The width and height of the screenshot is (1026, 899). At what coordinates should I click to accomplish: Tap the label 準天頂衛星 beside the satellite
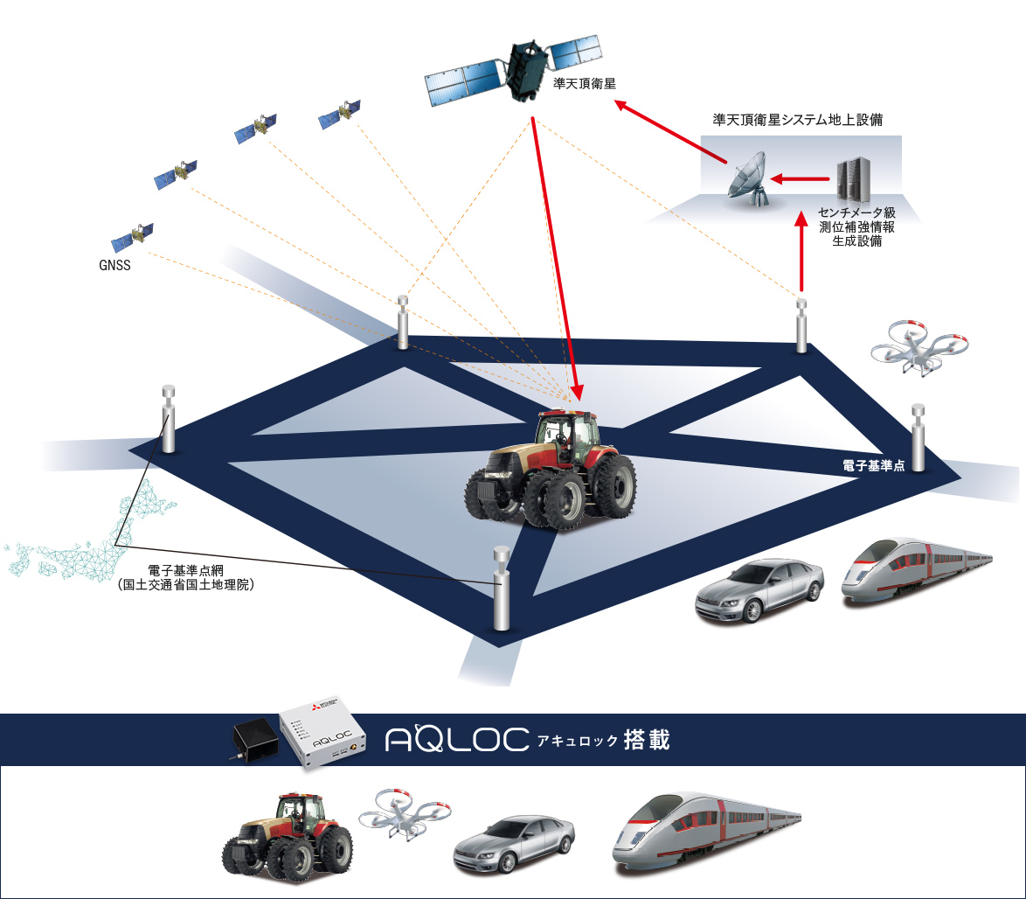click(x=586, y=84)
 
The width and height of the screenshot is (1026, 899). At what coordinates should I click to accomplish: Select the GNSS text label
click(x=114, y=265)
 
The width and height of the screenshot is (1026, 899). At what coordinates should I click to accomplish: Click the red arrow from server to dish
click(x=800, y=180)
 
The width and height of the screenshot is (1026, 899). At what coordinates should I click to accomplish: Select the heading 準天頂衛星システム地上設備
click(x=798, y=121)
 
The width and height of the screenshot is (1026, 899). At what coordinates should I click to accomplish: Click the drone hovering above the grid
click(x=919, y=346)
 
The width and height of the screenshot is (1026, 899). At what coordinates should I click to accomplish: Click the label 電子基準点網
click(x=185, y=571)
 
